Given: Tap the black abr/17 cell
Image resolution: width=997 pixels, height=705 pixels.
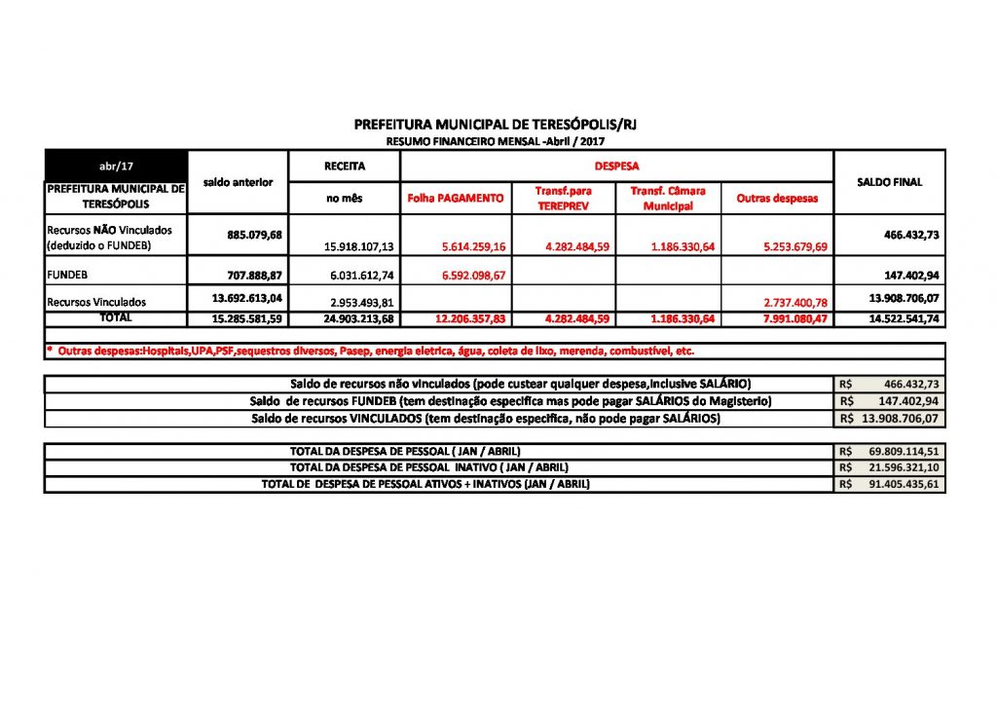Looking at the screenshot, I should point(115,167).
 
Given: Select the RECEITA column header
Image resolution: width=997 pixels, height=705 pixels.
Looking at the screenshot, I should point(344,167).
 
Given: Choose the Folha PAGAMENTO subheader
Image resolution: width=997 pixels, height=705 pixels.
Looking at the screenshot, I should point(456,198).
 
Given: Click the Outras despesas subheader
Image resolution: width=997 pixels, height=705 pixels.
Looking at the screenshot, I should point(777,198).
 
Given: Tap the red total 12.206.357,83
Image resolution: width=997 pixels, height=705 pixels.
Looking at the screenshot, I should point(464,318).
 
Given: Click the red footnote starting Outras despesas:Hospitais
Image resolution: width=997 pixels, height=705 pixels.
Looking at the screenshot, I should point(370,351).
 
